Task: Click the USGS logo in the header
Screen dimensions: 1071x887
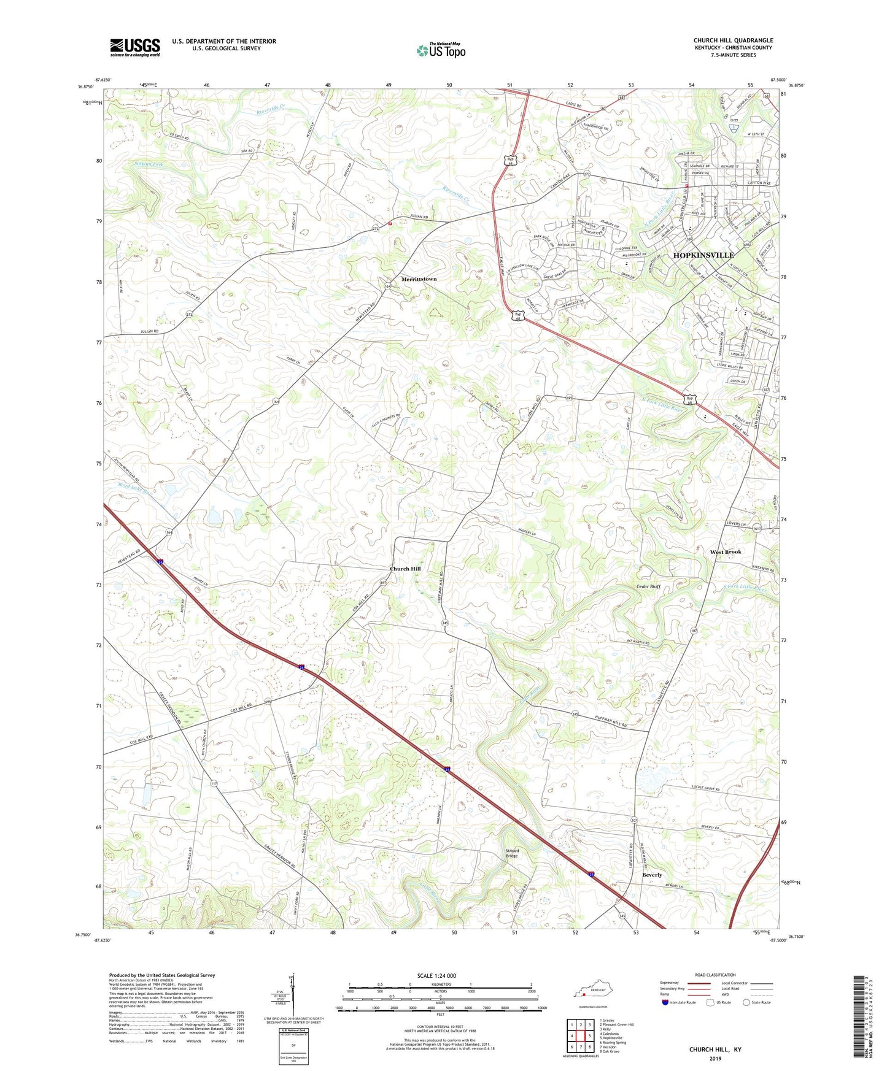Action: coord(134,47)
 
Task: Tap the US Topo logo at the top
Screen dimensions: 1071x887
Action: coord(440,50)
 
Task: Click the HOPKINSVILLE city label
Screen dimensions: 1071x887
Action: coord(703,255)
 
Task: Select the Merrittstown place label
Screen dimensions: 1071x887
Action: coord(419,279)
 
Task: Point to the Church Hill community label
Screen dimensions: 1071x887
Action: coord(405,569)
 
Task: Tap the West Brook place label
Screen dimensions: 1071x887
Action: coord(726,552)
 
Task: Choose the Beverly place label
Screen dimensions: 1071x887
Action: coord(652,875)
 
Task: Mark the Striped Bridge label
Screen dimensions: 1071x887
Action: coord(512,853)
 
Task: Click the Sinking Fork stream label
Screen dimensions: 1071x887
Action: coord(150,164)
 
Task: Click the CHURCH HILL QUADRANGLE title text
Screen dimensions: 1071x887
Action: coord(733,40)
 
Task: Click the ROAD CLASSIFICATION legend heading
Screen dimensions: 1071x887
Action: coord(715,975)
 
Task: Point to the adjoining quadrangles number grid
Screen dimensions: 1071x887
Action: coord(580,1036)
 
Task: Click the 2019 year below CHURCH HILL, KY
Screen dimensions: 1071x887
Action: coord(715,1058)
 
